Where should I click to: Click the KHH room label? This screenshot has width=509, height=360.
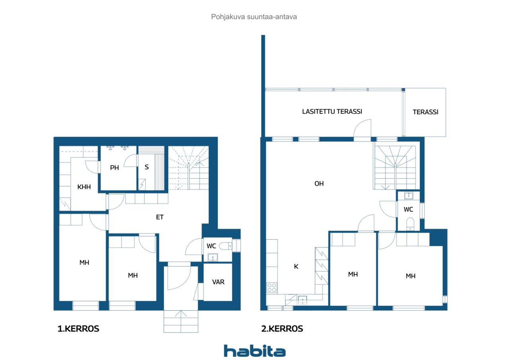[84, 187]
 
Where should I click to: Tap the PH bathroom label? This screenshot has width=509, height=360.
[115, 167]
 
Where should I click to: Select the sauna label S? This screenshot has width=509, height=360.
[147, 167]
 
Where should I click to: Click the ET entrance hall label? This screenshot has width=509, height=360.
[160, 217]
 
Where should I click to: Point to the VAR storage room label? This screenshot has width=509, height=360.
[218, 282]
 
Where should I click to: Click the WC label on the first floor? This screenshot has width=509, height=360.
[211, 246]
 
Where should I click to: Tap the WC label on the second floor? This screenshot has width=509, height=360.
[408, 209]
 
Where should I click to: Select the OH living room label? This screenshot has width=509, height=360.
[319, 183]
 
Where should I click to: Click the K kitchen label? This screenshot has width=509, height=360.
[296, 267]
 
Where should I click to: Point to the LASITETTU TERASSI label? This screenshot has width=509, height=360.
[332, 112]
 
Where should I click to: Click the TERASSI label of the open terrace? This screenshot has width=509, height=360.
[425, 112]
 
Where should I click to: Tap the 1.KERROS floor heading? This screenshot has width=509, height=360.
[78, 329]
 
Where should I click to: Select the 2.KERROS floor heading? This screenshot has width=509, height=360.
[282, 329]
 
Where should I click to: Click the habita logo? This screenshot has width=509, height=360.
[254, 351]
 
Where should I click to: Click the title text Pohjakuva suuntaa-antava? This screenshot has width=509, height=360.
[254, 17]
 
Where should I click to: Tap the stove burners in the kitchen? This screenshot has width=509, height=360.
[272, 288]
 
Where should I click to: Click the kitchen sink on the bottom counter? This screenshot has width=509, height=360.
[303, 300]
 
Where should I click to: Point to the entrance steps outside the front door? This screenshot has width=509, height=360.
[181, 321]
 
